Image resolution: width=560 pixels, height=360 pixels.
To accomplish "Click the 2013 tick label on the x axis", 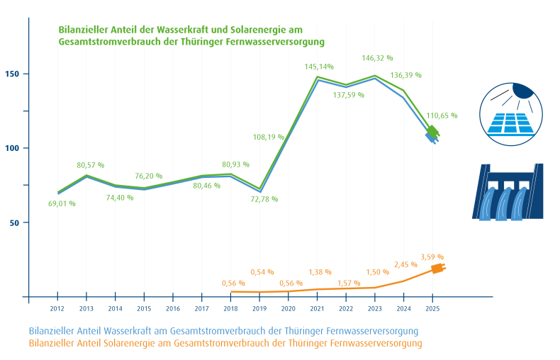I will pyautogui.click(x=86, y=309).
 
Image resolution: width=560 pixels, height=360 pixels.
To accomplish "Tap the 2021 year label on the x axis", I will pyautogui.click(x=317, y=309).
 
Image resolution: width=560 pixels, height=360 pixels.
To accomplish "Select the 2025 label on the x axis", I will pyautogui.click(x=432, y=309).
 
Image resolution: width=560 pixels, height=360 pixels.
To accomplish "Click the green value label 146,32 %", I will pyautogui.click(x=377, y=57).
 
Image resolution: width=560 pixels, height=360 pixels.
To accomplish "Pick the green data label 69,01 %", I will pyautogui.click(x=62, y=203).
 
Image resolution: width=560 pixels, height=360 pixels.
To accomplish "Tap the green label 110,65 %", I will pyautogui.click(x=442, y=115).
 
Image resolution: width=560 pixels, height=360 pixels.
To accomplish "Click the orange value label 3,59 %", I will pyautogui.click(x=432, y=257).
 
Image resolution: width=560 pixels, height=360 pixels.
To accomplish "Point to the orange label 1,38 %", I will pyautogui.click(x=319, y=271).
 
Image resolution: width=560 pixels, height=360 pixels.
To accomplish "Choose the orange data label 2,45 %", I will pyautogui.click(x=405, y=264).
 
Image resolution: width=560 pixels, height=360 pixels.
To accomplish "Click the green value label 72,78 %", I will pyautogui.click(x=264, y=199).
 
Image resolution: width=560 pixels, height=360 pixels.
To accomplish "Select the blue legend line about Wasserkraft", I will pyautogui.click(x=223, y=331).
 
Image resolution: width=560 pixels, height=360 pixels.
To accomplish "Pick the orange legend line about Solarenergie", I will pyautogui.click(x=225, y=343).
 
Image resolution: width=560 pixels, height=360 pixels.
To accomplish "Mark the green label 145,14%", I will pyautogui.click(x=319, y=66).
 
